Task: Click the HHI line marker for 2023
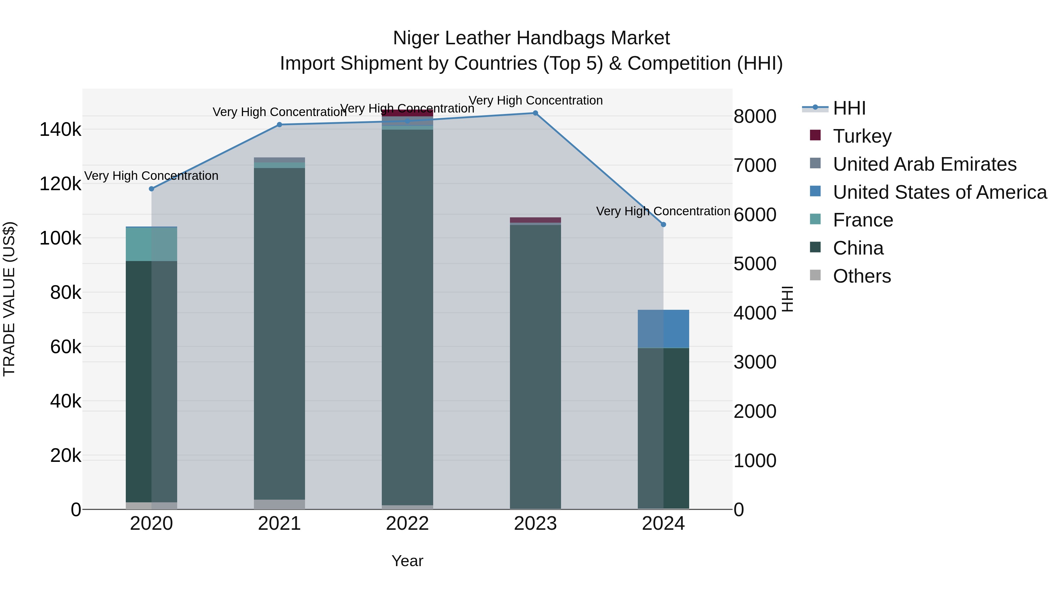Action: click(535, 113)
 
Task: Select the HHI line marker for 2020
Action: click(151, 189)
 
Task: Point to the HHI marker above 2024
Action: click(663, 224)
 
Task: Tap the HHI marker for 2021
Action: click(279, 125)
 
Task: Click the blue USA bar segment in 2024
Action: click(663, 329)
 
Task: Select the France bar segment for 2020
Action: click(151, 244)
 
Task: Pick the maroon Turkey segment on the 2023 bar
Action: click(535, 220)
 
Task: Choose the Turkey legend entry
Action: click(862, 136)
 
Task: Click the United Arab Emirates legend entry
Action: click(924, 164)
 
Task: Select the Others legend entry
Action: click(862, 276)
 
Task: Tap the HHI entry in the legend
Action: click(849, 108)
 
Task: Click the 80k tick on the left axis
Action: click(66, 293)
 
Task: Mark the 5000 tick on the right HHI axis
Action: click(755, 264)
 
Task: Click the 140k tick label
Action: click(60, 130)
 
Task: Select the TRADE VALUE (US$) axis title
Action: click(9, 299)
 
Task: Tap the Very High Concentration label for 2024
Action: click(663, 211)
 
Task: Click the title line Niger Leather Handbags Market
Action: click(531, 38)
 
